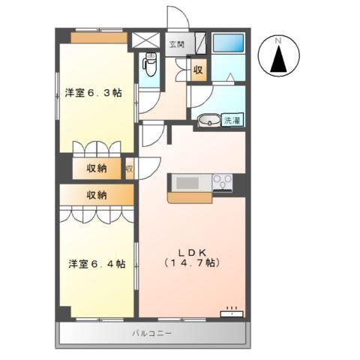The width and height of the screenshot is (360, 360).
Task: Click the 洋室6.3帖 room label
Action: tap(93, 94)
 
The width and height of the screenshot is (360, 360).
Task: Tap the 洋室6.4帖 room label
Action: tap(97, 263)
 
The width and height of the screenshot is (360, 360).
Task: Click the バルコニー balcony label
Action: tap(152, 331)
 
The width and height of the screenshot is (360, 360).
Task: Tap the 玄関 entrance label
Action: tap(177, 43)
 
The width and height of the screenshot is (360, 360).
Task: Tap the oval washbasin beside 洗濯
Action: tap(208, 120)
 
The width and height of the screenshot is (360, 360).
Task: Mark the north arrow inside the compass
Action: tap(279, 59)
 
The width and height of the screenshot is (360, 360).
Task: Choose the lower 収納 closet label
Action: tap(97, 195)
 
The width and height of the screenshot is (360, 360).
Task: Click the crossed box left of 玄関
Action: tap(147, 41)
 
